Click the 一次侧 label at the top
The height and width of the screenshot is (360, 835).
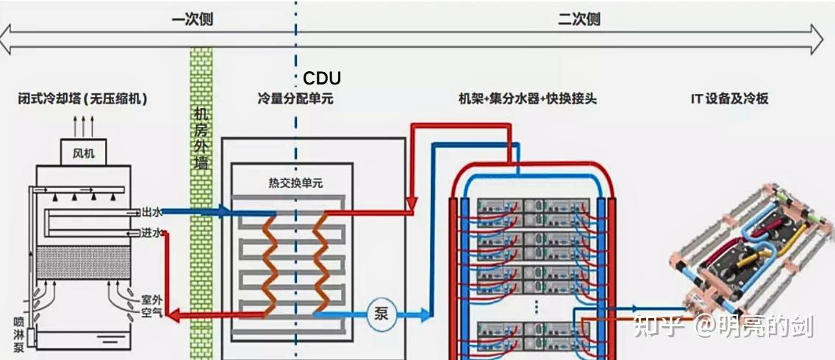[192, 20]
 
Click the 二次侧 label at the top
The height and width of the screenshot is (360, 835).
[578, 20]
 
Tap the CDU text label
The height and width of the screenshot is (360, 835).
[322, 79]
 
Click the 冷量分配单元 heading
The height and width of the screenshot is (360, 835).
[295, 98]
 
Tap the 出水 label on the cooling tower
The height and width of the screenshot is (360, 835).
[151, 212]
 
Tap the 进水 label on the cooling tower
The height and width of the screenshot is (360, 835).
[151, 233]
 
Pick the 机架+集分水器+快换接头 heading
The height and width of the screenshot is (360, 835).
[527, 98]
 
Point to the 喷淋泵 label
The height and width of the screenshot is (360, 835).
[19, 334]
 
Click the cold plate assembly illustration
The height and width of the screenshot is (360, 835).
[750, 250]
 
